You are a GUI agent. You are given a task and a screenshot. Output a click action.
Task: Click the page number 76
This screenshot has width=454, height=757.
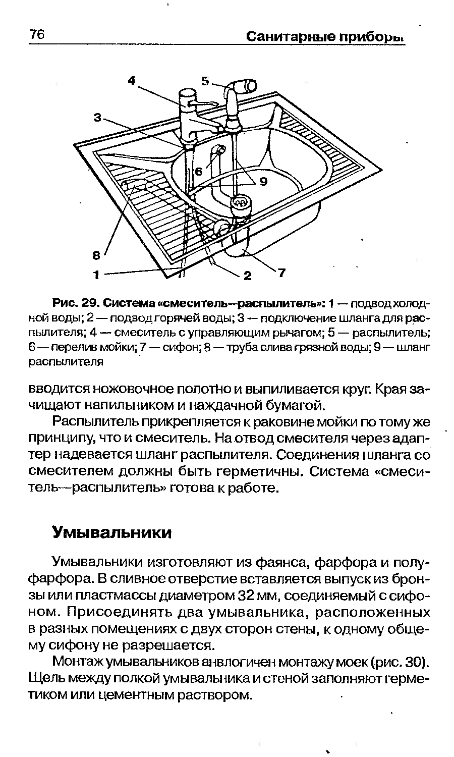(x=37, y=34)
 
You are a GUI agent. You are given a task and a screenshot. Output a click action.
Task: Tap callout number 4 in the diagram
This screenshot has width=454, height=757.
(x=132, y=81)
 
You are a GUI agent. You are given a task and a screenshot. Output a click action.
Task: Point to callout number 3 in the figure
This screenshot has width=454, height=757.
(x=98, y=118)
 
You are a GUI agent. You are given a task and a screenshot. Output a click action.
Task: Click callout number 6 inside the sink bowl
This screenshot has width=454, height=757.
(x=198, y=172)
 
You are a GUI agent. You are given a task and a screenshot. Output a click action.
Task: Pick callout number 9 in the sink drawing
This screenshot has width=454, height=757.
(x=263, y=182)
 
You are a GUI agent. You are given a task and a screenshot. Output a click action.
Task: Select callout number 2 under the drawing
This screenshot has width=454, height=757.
(x=247, y=276)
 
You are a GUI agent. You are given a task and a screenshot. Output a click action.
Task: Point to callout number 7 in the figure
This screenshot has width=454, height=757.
(x=281, y=273)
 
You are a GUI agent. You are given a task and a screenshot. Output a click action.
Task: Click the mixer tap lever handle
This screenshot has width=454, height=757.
(x=202, y=102)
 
